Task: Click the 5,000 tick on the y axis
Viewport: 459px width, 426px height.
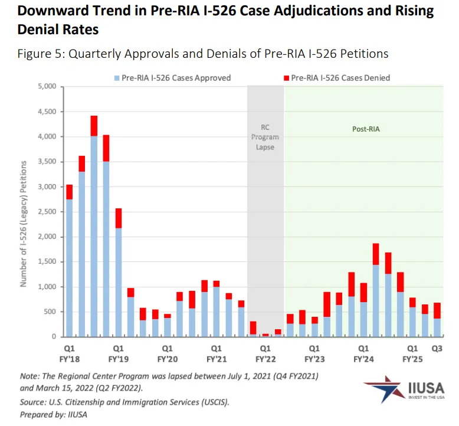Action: [45, 87]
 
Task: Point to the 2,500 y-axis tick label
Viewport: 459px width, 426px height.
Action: [45, 212]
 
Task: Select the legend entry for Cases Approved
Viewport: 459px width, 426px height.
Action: [172, 77]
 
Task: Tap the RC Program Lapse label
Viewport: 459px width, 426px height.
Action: [265, 137]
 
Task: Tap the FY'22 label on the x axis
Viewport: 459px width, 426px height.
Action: [265, 358]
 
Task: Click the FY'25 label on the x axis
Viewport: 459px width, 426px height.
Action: [413, 358]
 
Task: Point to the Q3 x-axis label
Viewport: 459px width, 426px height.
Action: [438, 348]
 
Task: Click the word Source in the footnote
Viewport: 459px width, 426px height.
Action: [34, 402]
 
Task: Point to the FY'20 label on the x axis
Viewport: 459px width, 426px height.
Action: [167, 358]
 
